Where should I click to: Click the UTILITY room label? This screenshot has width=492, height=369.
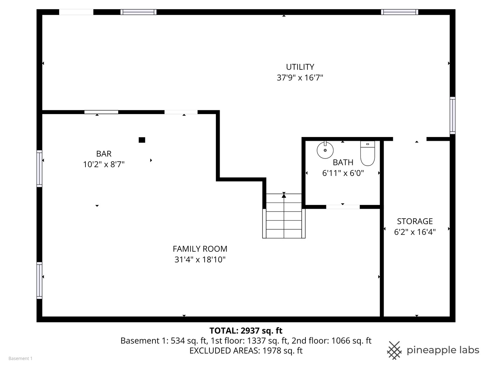[300, 67]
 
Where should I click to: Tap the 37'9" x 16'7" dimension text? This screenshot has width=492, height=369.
[300, 78]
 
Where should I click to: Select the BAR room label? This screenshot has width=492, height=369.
[104, 154]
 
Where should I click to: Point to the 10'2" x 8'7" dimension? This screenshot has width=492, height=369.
[104, 165]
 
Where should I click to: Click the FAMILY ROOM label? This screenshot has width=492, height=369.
[200, 249]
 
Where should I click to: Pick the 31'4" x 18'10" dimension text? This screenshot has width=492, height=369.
[200, 260]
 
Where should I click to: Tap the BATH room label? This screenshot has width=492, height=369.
[343, 162]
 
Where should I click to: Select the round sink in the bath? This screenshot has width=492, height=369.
[325, 150]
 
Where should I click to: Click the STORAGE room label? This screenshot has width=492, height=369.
[415, 221]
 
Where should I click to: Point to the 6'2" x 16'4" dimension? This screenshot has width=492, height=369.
[415, 232]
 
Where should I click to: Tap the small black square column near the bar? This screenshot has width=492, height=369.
[142, 140]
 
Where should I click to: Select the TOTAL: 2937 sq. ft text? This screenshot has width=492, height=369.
[246, 330]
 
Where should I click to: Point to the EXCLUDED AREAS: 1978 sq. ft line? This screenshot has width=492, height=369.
[246, 351]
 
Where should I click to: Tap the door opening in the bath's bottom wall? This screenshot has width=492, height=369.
[343, 207]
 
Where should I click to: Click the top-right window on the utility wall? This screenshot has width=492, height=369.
[399, 12]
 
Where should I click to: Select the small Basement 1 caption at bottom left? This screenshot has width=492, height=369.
[20, 358]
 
